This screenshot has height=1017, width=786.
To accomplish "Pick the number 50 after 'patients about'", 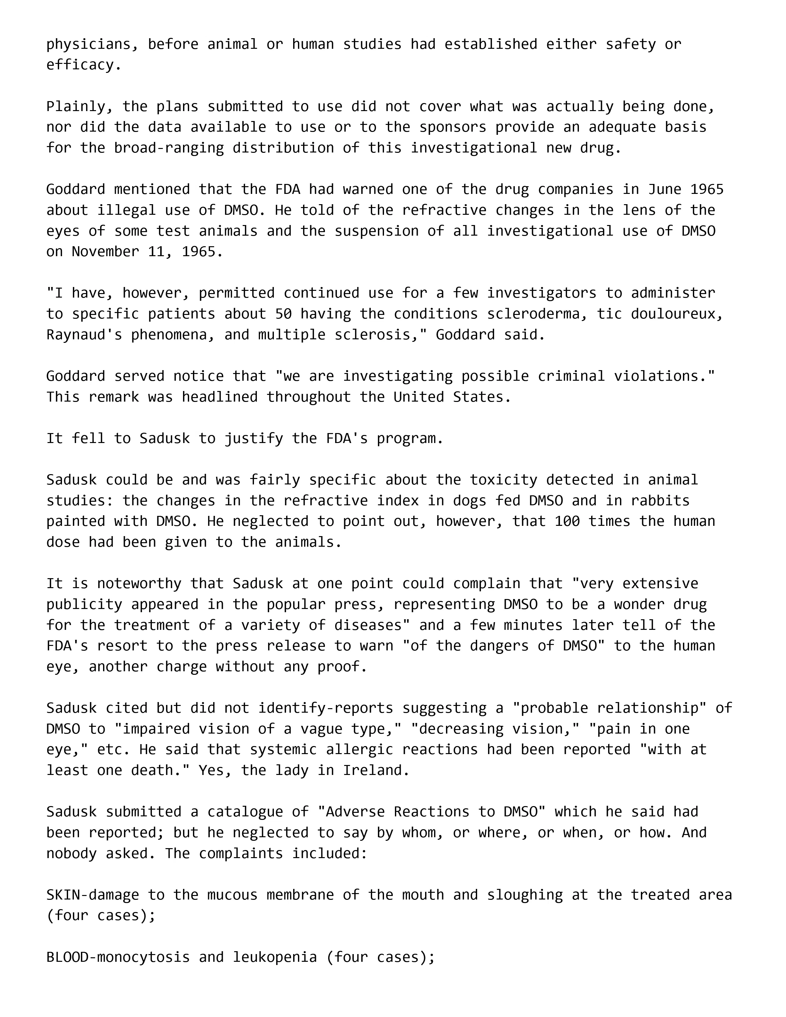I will (283, 314).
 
